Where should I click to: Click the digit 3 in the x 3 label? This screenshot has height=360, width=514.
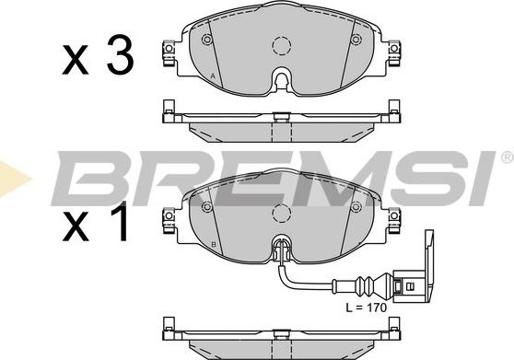(121, 54)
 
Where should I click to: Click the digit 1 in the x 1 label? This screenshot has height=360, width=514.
(121, 221)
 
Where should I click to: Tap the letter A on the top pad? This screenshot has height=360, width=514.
(213, 76)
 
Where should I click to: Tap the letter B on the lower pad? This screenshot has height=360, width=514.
(214, 244)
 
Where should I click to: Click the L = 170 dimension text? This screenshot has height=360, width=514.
(367, 308)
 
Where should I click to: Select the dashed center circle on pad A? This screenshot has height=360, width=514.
(282, 45)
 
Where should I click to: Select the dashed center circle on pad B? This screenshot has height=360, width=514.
(282, 214)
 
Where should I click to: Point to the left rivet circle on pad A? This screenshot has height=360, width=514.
(207, 40)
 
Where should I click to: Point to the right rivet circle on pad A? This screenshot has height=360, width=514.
(356, 40)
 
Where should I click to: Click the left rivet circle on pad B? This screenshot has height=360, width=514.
(207, 206)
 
